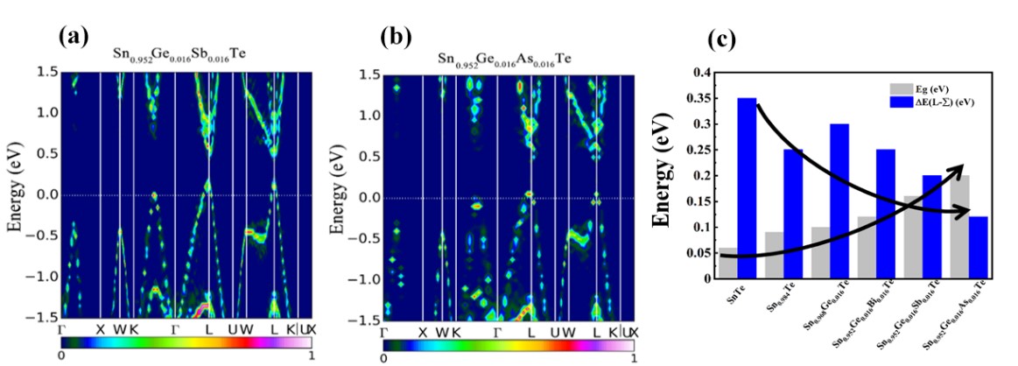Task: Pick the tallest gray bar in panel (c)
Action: tap(960, 228)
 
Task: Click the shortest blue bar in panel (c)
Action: tap(979, 248)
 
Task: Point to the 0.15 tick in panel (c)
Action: tap(699, 201)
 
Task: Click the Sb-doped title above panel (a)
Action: tap(179, 54)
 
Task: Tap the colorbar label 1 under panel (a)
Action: tap(310, 355)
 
